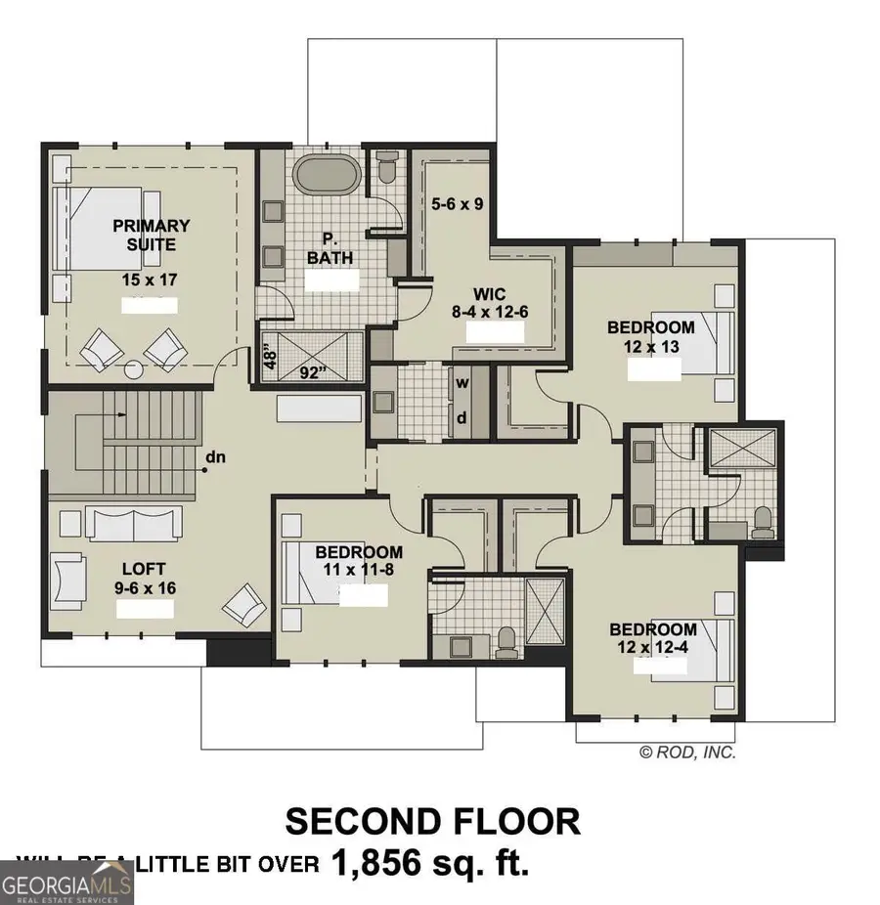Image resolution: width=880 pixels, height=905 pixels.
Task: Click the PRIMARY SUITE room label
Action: point(152,235)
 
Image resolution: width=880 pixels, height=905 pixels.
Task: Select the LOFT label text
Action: point(143,568)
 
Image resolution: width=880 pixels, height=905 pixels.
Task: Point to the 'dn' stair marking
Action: point(215,456)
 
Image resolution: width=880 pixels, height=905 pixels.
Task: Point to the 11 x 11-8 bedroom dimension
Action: point(359,570)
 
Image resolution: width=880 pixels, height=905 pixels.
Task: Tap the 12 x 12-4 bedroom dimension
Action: point(653,647)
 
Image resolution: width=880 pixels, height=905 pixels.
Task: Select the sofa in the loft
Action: point(134,523)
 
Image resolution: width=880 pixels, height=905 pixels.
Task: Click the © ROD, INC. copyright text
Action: point(687,753)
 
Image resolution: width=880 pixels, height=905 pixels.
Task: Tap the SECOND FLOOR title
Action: point(432,821)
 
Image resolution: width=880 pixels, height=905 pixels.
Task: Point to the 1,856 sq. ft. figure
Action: point(430,863)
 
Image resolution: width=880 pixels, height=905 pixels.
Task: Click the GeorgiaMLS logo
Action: point(66,883)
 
